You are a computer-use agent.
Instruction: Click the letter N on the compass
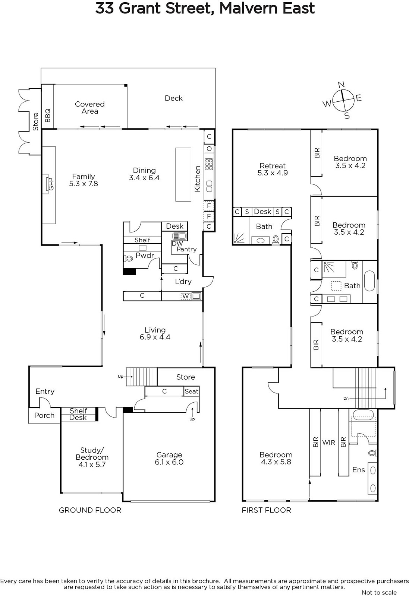click(x=341, y=85)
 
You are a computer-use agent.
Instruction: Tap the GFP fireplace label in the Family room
click(x=51, y=184)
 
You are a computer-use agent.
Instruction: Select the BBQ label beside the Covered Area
click(x=48, y=115)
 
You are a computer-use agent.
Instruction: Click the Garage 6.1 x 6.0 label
click(x=169, y=459)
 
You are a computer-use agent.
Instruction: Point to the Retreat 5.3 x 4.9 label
click(x=273, y=169)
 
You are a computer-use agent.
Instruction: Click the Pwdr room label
click(x=145, y=256)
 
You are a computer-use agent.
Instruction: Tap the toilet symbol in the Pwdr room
click(x=129, y=258)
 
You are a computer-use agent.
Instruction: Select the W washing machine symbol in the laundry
click(x=186, y=296)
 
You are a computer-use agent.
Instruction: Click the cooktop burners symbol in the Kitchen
click(x=209, y=164)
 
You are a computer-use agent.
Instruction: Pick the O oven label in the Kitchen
click(x=209, y=149)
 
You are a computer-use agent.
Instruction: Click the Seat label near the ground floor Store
click(x=192, y=391)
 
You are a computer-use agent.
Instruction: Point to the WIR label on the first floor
click(x=328, y=443)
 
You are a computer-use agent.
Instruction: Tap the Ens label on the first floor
click(x=358, y=470)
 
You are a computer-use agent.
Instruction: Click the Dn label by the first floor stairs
click(x=346, y=398)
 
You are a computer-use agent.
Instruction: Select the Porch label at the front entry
click(x=44, y=415)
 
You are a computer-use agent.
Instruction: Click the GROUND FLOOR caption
click(x=90, y=510)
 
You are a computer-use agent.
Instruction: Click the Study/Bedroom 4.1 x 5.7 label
click(x=92, y=457)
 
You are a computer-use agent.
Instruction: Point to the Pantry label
click(x=186, y=249)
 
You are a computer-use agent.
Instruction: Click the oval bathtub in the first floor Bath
click(x=369, y=281)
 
